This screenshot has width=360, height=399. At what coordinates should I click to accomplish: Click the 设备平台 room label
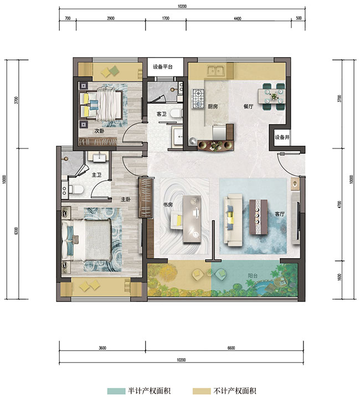(162, 67)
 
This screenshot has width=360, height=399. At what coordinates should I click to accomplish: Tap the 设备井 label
(282, 137)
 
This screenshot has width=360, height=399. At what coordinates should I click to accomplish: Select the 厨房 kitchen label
(213, 106)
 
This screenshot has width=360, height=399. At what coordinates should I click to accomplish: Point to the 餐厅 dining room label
(248, 106)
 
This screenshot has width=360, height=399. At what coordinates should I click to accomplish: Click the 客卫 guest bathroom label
(161, 114)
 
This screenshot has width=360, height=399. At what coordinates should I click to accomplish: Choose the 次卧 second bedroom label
(99, 131)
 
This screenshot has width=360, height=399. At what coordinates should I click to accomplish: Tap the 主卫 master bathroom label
(96, 175)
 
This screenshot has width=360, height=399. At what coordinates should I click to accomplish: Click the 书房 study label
(168, 204)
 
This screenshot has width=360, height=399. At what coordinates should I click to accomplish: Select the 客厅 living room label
(279, 214)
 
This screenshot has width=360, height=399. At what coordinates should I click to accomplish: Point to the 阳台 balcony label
(253, 275)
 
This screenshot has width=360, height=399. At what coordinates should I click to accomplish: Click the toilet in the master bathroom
(76, 190)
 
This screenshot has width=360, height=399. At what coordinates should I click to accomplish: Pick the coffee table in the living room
(258, 217)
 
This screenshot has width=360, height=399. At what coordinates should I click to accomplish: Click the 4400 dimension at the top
(238, 19)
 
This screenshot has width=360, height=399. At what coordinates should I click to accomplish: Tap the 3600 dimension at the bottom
(102, 348)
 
